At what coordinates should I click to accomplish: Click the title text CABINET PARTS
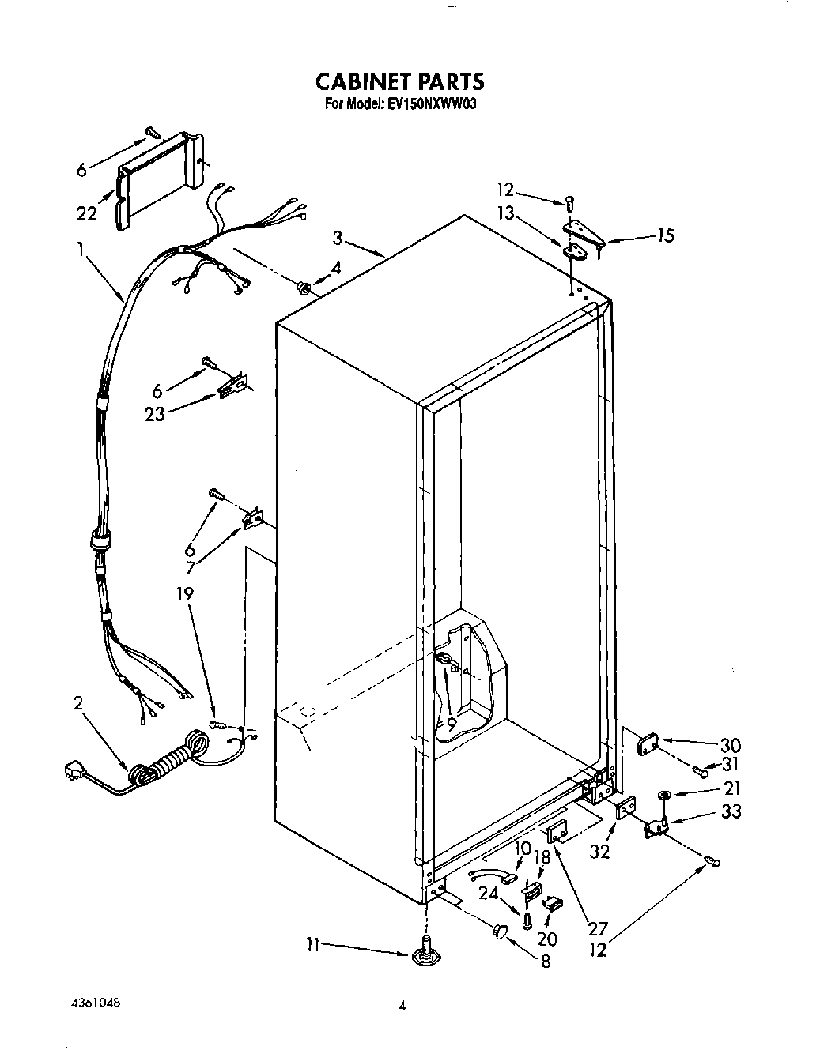(399, 81)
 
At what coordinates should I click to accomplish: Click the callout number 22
(87, 213)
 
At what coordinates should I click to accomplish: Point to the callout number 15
(665, 235)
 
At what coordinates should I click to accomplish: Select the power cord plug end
(75, 769)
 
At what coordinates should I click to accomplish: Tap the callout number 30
(729, 745)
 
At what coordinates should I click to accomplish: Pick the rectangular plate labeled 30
(649, 743)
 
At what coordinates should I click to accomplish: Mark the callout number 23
(155, 413)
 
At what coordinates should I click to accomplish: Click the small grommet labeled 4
(302, 285)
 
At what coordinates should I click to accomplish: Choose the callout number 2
(77, 704)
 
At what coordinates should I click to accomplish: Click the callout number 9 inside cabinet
(451, 721)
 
